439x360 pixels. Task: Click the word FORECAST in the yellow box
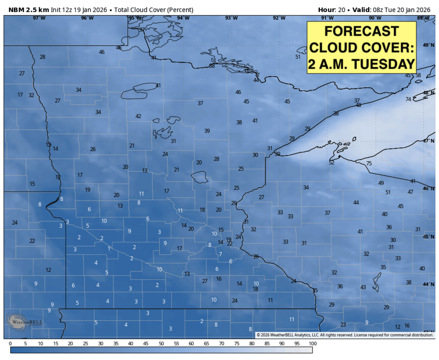point(361,31)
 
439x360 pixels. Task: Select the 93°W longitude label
point(231,18)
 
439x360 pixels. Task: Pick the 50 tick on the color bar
point(161,344)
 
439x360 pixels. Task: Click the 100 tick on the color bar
point(312,344)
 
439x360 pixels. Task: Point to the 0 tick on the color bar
point(10,344)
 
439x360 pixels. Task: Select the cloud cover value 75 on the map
point(369,163)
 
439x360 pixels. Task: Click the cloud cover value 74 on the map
point(408,99)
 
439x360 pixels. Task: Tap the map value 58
point(418,75)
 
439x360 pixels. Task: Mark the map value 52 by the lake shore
point(331,163)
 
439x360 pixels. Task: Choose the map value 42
point(138,116)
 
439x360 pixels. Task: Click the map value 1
point(109,249)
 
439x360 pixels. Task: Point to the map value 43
point(363,287)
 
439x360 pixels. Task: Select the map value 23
point(343,325)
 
